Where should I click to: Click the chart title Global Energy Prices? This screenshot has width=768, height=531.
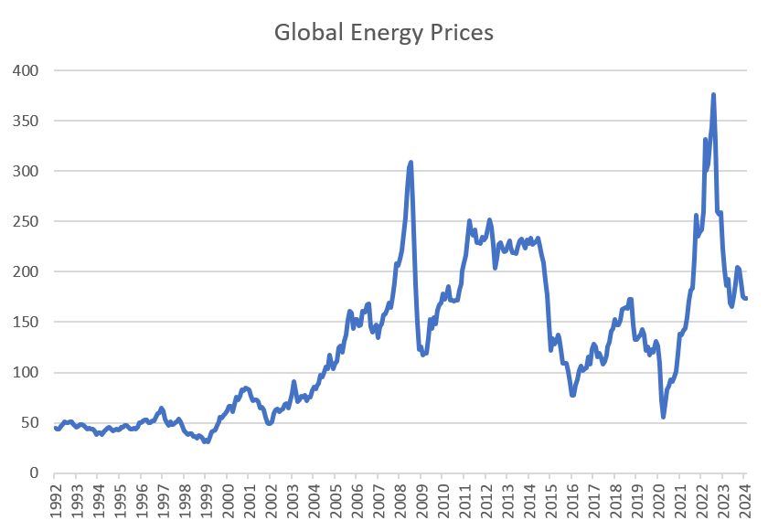384,33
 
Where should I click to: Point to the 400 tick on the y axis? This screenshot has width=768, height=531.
29,70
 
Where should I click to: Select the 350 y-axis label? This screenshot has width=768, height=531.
29,121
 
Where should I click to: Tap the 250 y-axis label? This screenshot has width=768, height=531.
29,221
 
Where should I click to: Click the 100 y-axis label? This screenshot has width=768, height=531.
29,372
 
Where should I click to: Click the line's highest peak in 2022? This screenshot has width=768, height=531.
713,94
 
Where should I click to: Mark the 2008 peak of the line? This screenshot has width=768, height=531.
411,163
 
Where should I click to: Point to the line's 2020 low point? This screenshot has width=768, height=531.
663,417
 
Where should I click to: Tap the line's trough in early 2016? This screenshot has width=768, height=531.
572,395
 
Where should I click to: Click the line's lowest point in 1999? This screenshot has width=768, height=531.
207,441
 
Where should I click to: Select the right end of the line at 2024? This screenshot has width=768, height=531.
745,298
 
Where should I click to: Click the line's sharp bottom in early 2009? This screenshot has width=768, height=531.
422,355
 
